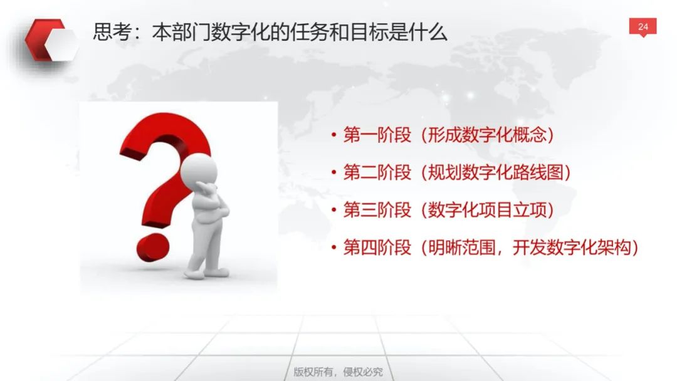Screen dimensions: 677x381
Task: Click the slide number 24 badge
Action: tap(643, 27)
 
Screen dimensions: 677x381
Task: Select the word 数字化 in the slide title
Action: tap(241, 33)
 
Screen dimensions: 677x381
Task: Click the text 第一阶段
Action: tap(377, 135)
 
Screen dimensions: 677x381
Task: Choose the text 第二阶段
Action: tap(377, 172)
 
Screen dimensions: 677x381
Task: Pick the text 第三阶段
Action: tap(377, 210)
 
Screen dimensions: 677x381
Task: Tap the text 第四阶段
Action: tap(377, 248)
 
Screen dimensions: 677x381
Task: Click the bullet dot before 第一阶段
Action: tap(333, 135)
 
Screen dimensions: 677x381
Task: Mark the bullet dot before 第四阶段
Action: tap(333, 248)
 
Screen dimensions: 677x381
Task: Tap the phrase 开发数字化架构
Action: tap(572, 248)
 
